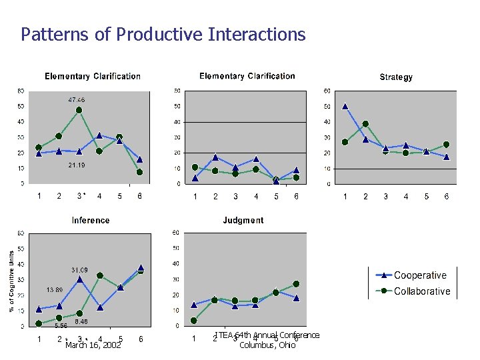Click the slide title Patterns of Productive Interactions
[163, 34]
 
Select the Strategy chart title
[396, 77]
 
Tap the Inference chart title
[91, 220]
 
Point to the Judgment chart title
[243, 220]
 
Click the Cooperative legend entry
[420, 275]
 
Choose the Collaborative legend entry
[421, 291]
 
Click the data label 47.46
[77, 99]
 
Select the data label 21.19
[77, 165]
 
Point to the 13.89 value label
[55, 290]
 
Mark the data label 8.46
[81, 321]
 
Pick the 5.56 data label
[61, 326]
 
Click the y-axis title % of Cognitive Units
[11, 279]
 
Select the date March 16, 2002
[93, 346]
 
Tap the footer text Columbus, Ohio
[267, 345]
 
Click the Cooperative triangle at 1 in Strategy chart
[345, 106]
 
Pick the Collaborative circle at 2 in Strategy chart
[365, 124]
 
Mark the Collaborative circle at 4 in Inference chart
[99, 275]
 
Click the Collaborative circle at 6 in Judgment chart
[296, 284]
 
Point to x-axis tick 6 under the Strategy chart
[447, 197]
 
